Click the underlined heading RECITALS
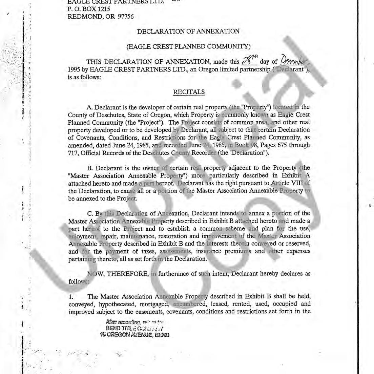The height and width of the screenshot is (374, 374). [x=189, y=92]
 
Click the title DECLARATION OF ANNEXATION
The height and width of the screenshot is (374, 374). [x=188, y=32]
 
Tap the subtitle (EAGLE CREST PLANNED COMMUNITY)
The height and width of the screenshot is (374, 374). [x=188, y=46]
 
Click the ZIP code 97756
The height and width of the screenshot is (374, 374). [x=125, y=16]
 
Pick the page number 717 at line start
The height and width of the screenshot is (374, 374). [x=73, y=153]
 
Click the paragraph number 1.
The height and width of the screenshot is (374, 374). [x=70, y=297]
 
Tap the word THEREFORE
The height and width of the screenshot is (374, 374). [x=128, y=274]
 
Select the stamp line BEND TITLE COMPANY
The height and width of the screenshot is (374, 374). [x=134, y=328]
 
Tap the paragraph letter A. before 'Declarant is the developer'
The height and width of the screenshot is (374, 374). [x=89, y=107]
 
